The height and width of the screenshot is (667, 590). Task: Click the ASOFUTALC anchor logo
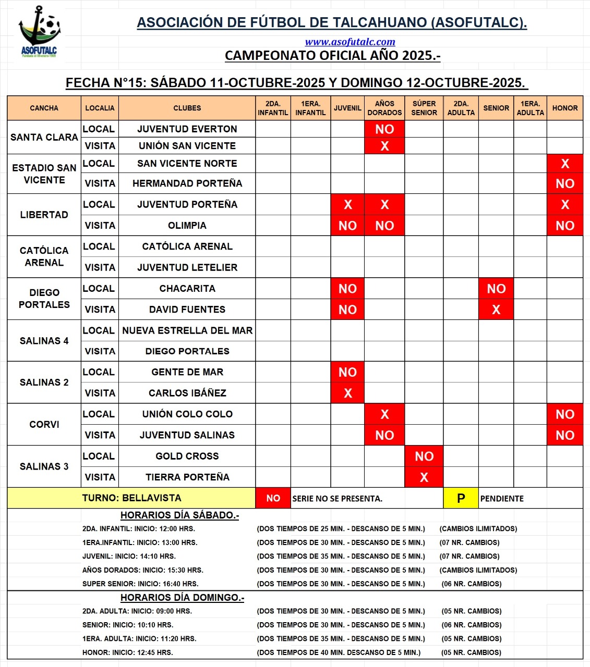[39, 31]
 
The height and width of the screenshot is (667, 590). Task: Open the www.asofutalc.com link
[350, 42]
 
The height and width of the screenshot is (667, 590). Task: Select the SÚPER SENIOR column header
[424, 108]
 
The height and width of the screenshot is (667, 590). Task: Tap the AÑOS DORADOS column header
[384, 108]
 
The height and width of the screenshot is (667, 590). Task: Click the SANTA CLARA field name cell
[44, 137]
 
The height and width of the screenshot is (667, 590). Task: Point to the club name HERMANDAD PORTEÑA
[187, 183]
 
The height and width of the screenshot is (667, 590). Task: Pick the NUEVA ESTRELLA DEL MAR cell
[187, 330]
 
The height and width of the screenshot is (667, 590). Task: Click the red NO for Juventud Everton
[384, 129]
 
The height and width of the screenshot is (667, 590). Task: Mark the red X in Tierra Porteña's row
[424, 477]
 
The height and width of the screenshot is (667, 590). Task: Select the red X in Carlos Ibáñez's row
[347, 393]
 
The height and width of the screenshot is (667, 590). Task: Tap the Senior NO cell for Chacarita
[496, 289]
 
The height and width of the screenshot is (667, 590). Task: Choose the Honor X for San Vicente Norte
[565, 164]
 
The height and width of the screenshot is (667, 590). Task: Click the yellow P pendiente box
[461, 498]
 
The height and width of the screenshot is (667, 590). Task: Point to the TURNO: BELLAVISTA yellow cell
[131, 498]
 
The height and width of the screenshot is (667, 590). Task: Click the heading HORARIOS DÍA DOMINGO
[182, 598]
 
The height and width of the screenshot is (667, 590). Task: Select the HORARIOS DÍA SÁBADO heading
[179, 515]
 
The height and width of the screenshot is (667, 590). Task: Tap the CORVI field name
[44, 424]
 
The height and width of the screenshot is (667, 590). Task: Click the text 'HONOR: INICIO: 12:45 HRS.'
[128, 652]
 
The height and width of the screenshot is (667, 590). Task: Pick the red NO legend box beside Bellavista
[273, 498]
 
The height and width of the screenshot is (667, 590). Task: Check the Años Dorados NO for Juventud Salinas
[384, 435]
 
